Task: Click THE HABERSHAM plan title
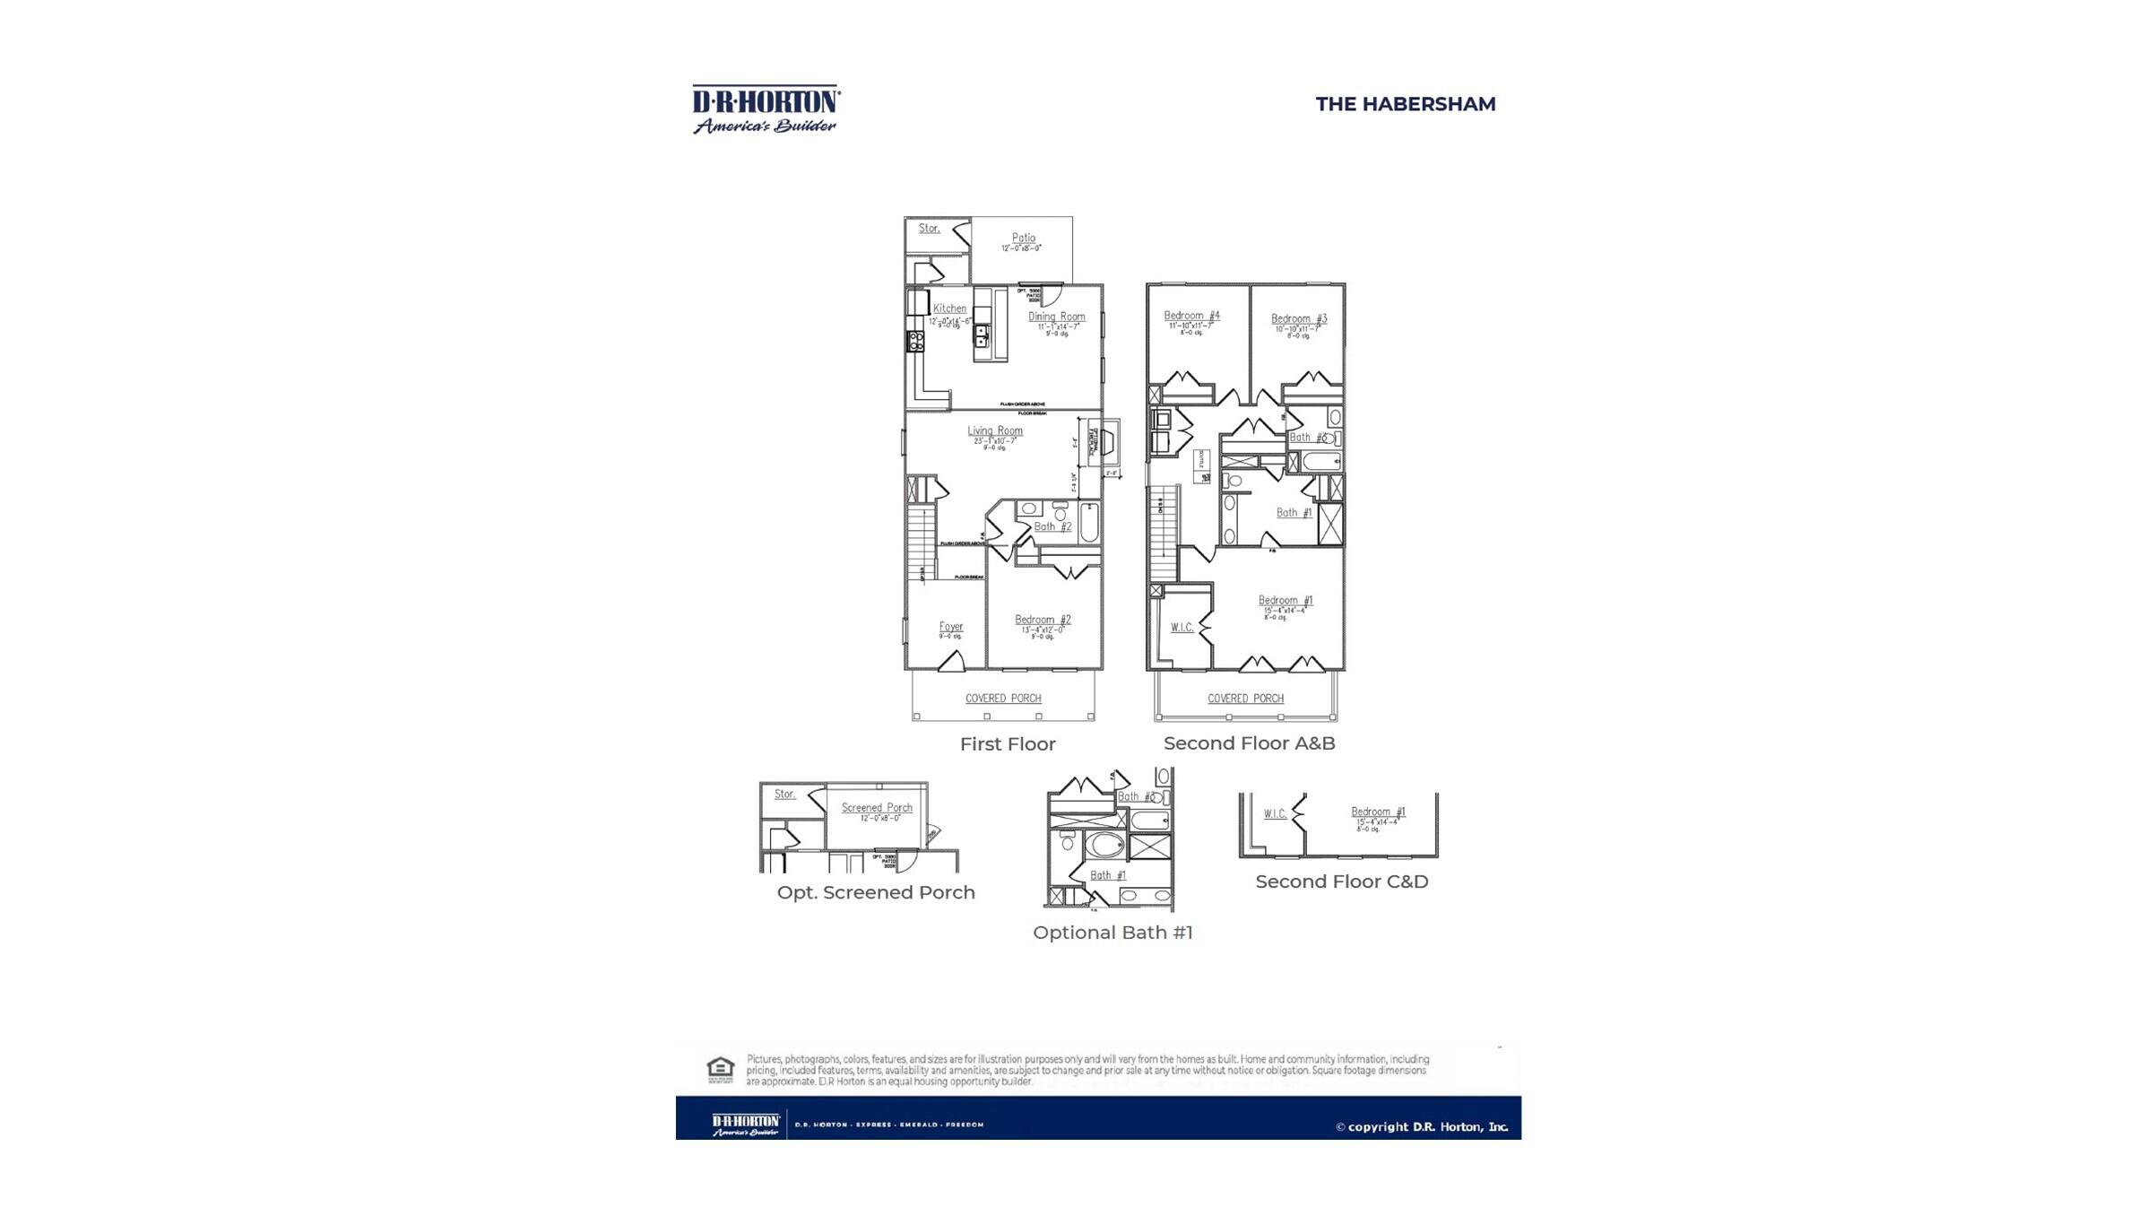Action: pyautogui.click(x=1405, y=104)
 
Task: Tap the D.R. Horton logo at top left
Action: pyautogui.click(x=766, y=109)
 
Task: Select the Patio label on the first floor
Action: pyautogui.click(x=1023, y=239)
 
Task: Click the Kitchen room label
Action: pyautogui.click(x=949, y=308)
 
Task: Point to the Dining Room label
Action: pyautogui.click(x=1056, y=317)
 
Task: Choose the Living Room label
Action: pyautogui.click(x=994, y=430)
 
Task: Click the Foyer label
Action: pyautogui.click(x=950, y=627)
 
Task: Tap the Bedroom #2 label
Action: pyautogui.click(x=1042, y=620)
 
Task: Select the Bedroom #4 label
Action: pyautogui.click(x=1191, y=316)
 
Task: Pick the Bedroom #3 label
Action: pyautogui.click(x=1298, y=318)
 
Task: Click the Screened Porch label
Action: pyautogui.click(x=876, y=808)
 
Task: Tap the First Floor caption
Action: pyautogui.click(x=1008, y=744)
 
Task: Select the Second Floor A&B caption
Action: pyautogui.click(x=1249, y=743)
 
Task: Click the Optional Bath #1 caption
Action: pyautogui.click(x=1112, y=933)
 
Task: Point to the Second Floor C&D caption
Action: pyautogui.click(x=1341, y=882)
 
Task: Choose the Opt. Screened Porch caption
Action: pyautogui.click(x=875, y=892)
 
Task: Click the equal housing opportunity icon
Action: pyautogui.click(x=720, y=1069)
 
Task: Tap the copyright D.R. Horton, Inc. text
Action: pyautogui.click(x=1422, y=1127)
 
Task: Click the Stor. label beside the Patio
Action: pyautogui.click(x=929, y=229)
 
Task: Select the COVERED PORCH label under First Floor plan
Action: pyautogui.click(x=1002, y=699)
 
